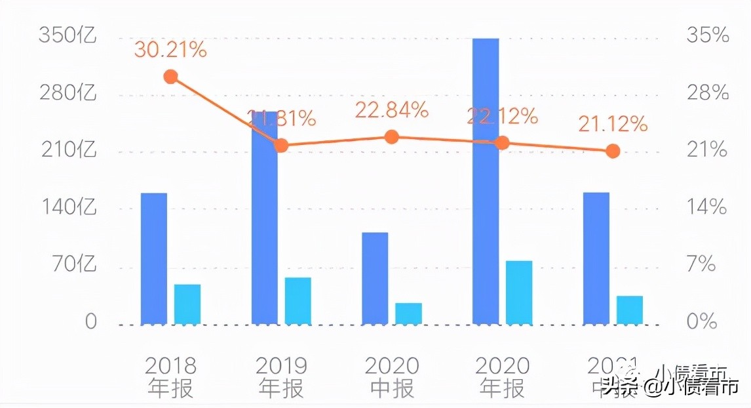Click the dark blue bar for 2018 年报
pyautogui.click(x=154, y=258)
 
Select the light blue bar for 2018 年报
pyautogui.click(x=187, y=304)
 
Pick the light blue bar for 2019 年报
pyautogui.click(x=298, y=300)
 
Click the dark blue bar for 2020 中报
pyautogui.click(x=375, y=278)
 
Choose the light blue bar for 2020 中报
pyautogui.click(x=408, y=314)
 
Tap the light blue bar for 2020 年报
pyautogui.click(x=519, y=292)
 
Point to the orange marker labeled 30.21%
pyautogui.click(x=170, y=77)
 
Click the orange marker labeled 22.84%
pyautogui.click(x=392, y=137)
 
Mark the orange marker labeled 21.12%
pyautogui.click(x=613, y=152)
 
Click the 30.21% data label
pyautogui.click(x=170, y=49)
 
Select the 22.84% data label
pyautogui.click(x=392, y=110)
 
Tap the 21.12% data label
pyautogui.click(x=613, y=123)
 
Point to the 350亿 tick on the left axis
pyautogui.click(x=67, y=35)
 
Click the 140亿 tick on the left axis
pyautogui.click(x=67, y=208)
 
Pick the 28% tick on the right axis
pyautogui.click(x=708, y=93)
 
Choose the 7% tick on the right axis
pyautogui.click(x=708, y=265)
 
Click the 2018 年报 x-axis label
pyautogui.click(x=170, y=377)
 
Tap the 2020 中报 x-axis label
pyautogui.click(x=392, y=377)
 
